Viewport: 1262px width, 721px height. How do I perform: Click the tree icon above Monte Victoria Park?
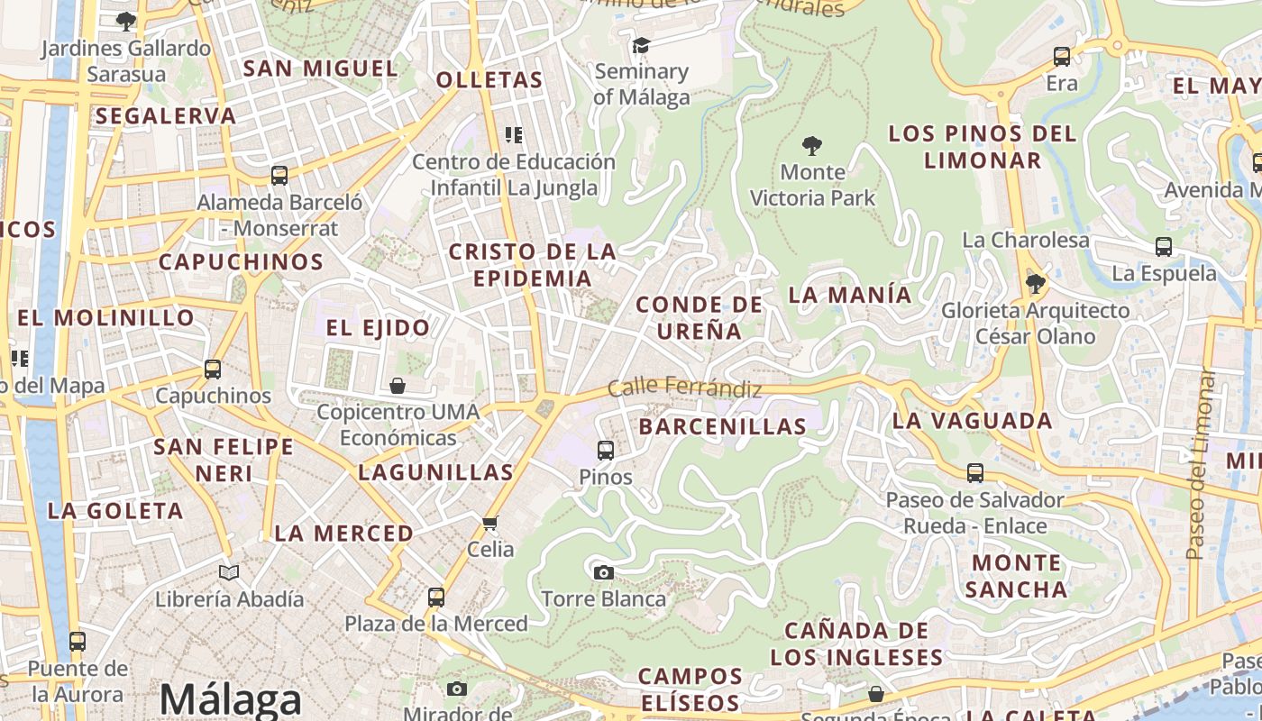(812, 145)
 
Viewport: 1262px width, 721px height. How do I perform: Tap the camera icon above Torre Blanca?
(604, 572)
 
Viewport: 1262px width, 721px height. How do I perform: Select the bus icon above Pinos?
(606, 450)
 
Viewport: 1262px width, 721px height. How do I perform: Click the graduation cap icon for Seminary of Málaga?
(641, 45)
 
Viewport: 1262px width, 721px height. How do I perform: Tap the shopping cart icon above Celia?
(490, 523)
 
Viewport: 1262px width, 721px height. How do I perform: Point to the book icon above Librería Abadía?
(229, 572)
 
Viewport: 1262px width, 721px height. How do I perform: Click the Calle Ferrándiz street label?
(685, 388)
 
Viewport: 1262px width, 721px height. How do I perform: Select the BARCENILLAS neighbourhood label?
(723, 426)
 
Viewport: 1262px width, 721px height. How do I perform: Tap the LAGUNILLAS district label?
(435, 472)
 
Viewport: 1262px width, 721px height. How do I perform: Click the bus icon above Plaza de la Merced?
(436, 597)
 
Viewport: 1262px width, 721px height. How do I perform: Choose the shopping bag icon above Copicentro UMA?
(398, 386)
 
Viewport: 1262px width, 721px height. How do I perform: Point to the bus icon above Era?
(1062, 57)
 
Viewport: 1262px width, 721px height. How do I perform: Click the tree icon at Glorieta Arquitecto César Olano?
(1035, 284)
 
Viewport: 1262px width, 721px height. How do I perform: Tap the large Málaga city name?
(230, 699)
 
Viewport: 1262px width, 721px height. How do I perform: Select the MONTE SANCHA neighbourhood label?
(1016, 576)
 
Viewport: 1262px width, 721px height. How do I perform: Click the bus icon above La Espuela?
(1164, 247)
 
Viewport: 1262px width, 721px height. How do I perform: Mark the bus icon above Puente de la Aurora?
(78, 642)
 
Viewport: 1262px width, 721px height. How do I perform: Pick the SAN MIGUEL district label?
(321, 68)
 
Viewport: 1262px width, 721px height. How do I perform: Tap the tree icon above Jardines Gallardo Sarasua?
(126, 21)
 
